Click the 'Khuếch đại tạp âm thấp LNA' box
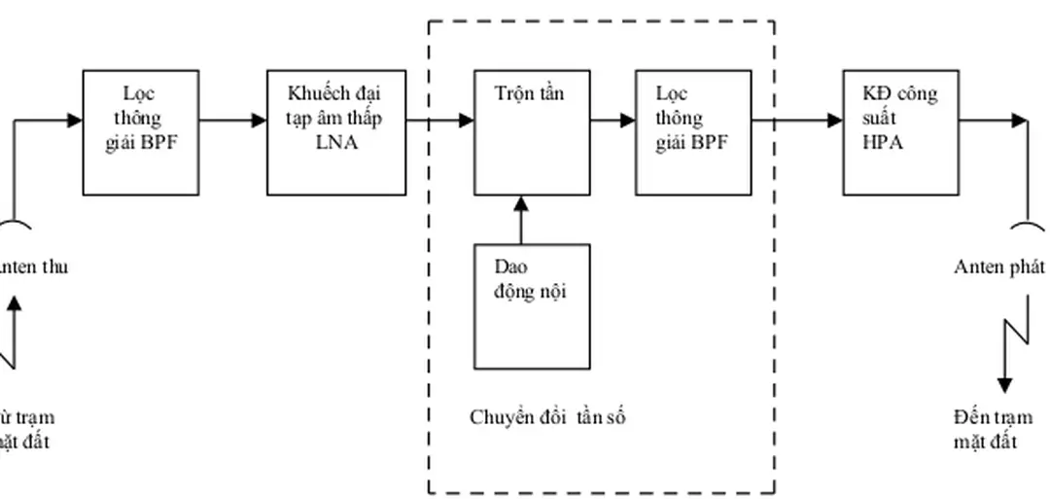point(336,132)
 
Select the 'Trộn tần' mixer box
point(531,132)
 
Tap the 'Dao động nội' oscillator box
point(531,306)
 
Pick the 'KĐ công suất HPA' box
point(900,132)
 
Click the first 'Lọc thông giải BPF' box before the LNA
point(140,132)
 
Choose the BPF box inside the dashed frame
point(693,132)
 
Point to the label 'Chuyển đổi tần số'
point(548,418)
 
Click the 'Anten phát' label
point(998,267)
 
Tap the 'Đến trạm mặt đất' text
point(993,429)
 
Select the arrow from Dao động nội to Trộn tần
point(521,220)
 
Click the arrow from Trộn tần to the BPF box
point(612,121)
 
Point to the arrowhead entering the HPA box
point(835,121)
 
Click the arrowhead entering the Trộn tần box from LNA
point(466,121)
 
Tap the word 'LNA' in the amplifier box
point(335,144)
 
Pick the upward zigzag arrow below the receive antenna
point(12,331)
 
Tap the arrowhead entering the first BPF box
point(75,121)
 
